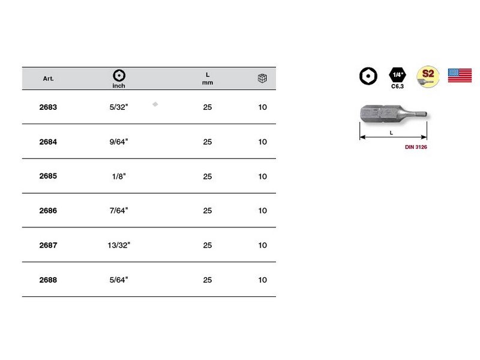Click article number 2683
pos(48,107)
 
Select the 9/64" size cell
pos(119,142)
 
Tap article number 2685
pos(48,176)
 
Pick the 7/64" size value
pos(119,211)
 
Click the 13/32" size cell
pos(119,245)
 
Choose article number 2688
pos(48,280)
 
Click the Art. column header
pos(49,79)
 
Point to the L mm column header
pos(208,79)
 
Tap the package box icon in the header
pos(262,79)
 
